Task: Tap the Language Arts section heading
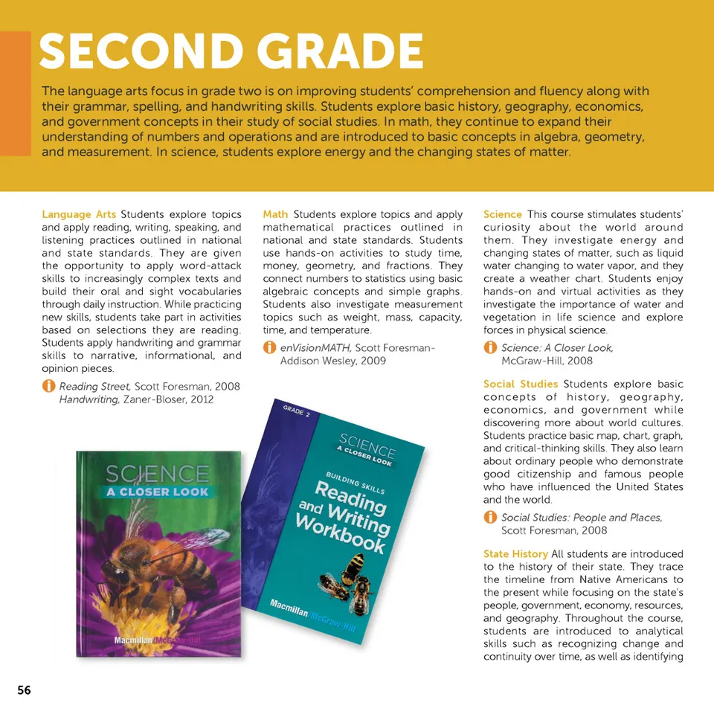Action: pos(78,214)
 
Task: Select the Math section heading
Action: pos(275,214)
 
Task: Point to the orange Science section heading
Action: pos(503,214)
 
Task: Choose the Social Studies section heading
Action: pos(521,384)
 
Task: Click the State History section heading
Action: pos(515,554)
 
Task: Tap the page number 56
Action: pos(25,690)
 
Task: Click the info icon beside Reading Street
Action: pos(48,386)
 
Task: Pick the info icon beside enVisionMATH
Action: pos(269,347)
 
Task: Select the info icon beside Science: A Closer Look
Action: pos(490,347)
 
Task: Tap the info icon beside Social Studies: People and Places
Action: pos(490,517)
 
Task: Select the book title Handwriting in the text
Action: pos(89,399)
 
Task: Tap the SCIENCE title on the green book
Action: pos(157,474)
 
